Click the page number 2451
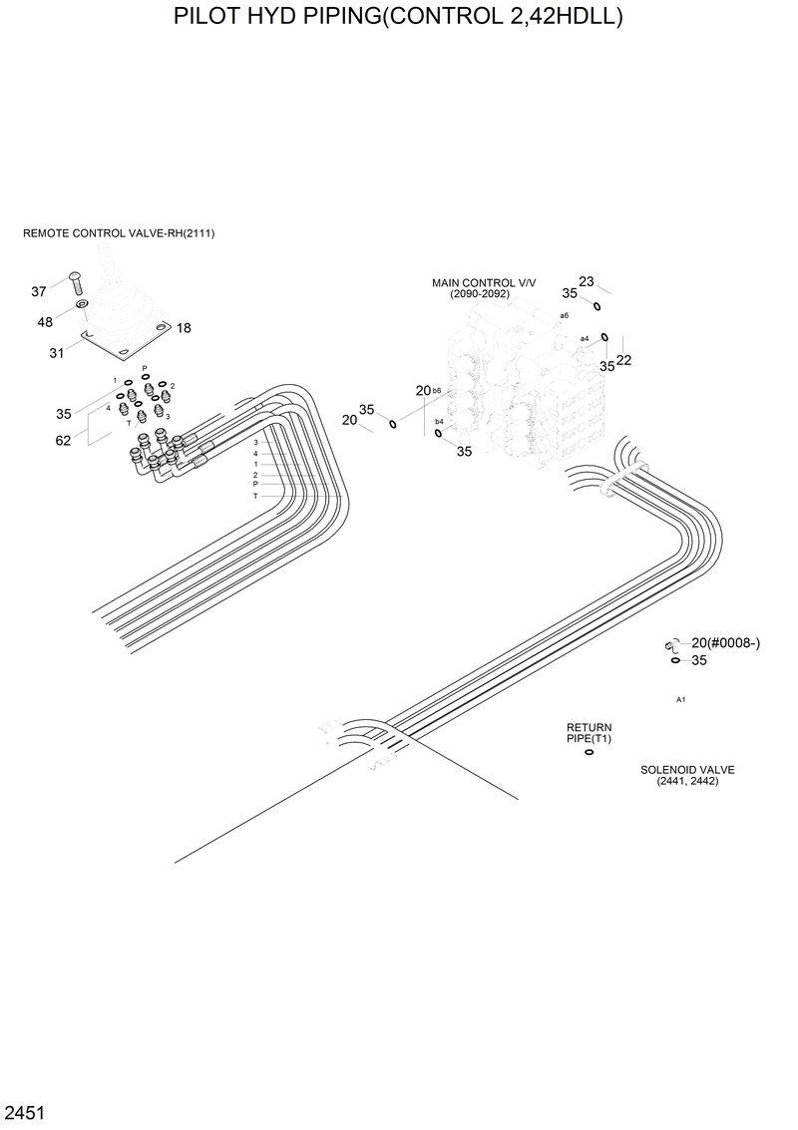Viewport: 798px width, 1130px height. [25, 1111]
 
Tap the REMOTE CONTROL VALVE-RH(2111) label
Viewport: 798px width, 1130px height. [119, 233]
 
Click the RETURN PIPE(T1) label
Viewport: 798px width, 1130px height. [589, 733]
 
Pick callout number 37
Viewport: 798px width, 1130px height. [39, 291]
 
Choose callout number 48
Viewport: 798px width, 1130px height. [45, 322]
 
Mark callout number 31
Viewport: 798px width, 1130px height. [57, 352]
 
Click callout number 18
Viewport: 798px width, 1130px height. [184, 328]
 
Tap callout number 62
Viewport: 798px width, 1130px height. [63, 441]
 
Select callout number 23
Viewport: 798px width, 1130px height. [587, 281]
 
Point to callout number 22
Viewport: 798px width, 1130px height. [624, 360]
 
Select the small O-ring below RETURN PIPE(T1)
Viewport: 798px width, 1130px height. [589, 752]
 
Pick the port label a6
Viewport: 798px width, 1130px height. [564, 315]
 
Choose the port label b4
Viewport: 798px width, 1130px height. [439, 422]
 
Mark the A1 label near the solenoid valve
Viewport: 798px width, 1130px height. [680, 700]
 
